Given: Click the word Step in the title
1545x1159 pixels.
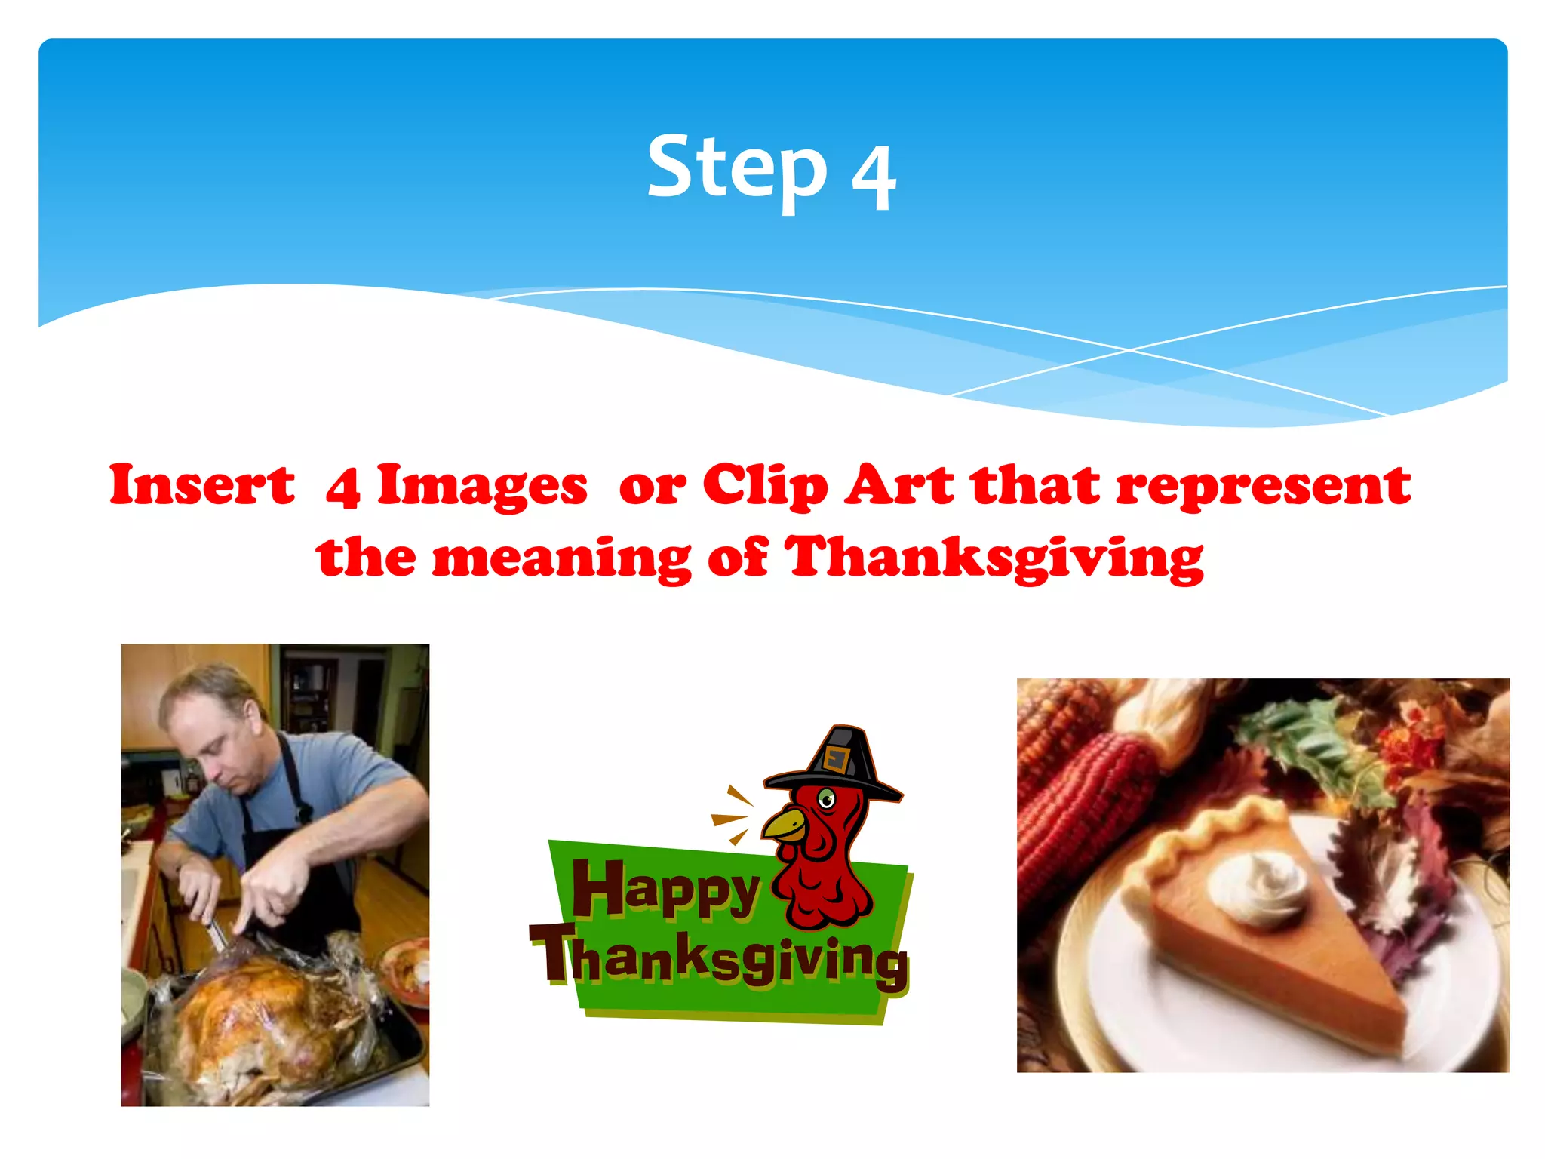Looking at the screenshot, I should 737,168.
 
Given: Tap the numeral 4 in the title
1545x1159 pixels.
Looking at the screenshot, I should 874,178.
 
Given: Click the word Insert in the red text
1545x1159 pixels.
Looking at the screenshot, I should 202,484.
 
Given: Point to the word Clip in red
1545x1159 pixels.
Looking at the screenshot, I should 765,484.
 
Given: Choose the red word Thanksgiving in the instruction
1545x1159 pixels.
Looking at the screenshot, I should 994,558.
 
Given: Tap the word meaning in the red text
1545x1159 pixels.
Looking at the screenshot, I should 561,558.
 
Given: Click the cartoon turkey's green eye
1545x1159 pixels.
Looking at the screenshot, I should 827,798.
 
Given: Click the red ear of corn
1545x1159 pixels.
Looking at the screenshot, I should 1086,800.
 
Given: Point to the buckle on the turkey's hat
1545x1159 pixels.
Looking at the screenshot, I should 835,758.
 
